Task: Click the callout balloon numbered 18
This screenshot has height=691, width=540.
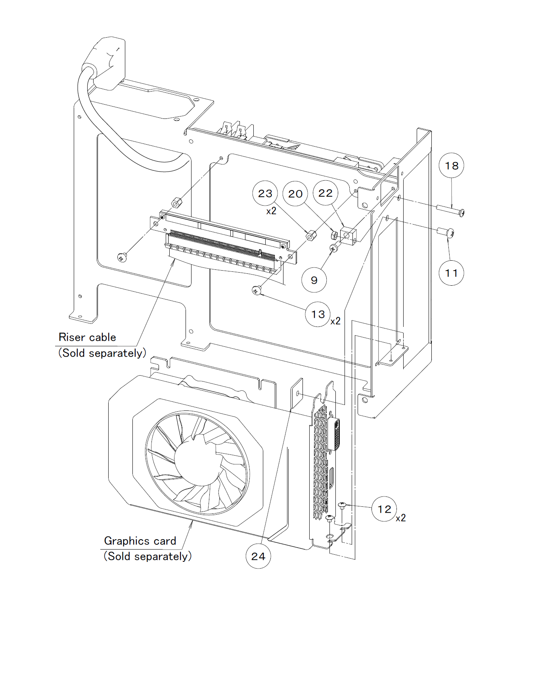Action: point(451,166)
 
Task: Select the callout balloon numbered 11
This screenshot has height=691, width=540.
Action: point(451,273)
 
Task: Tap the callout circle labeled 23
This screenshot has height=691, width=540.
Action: point(265,193)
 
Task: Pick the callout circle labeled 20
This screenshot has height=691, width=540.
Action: point(295,194)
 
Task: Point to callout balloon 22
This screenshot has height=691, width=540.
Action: point(326,193)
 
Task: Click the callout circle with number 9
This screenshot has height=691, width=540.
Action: point(314,280)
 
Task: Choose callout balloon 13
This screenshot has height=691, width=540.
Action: point(318,314)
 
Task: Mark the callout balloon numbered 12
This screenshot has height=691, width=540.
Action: point(384,509)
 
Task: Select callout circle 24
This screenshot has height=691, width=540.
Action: point(258,556)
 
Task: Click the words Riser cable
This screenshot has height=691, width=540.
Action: point(87,337)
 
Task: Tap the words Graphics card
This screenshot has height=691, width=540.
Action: point(140,541)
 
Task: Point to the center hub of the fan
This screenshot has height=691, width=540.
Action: point(197,462)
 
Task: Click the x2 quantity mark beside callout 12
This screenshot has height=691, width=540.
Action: point(401,518)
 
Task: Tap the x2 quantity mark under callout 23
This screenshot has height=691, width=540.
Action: point(271,211)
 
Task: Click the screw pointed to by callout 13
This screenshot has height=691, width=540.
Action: point(257,291)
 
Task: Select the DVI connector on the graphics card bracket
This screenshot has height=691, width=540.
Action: point(335,434)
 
